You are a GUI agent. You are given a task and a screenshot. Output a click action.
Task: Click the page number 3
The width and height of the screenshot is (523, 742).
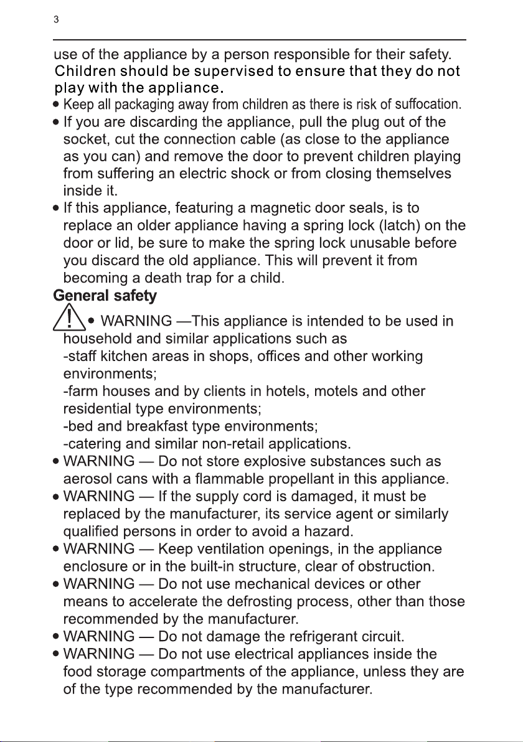(x=56, y=20)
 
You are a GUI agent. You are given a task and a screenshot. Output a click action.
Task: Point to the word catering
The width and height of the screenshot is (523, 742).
(x=92, y=444)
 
